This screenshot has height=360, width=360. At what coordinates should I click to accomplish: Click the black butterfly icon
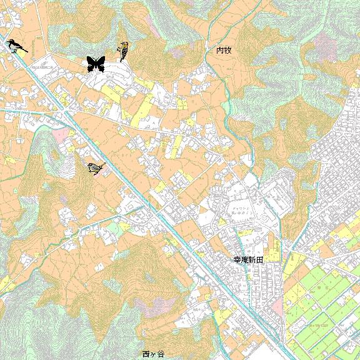click(95, 63)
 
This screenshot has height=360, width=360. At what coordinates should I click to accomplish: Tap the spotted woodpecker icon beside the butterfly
click(124, 52)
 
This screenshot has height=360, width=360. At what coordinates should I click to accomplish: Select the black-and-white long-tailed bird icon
click(16, 46)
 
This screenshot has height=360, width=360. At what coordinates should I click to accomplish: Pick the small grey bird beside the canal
click(96, 167)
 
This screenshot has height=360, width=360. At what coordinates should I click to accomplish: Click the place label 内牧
click(224, 50)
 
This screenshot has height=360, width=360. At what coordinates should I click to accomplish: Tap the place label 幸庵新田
click(249, 258)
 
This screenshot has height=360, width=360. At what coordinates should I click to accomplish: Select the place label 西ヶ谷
click(153, 354)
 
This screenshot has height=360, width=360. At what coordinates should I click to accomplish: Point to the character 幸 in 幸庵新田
click(237, 258)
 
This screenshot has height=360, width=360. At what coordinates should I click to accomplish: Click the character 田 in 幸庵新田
click(260, 258)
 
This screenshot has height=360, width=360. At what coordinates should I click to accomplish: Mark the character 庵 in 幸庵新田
click(245, 258)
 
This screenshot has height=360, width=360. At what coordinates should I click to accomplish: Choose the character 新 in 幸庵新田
click(252, 258)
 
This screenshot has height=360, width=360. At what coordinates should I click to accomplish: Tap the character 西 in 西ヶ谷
click(146, 354)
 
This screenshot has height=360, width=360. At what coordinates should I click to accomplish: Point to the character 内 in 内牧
click(220, 50)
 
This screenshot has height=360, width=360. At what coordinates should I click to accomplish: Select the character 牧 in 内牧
click(227, 50)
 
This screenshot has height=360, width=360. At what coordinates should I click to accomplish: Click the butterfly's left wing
click(91, 62)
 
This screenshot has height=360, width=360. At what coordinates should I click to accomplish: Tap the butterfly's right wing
click(100, 62)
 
